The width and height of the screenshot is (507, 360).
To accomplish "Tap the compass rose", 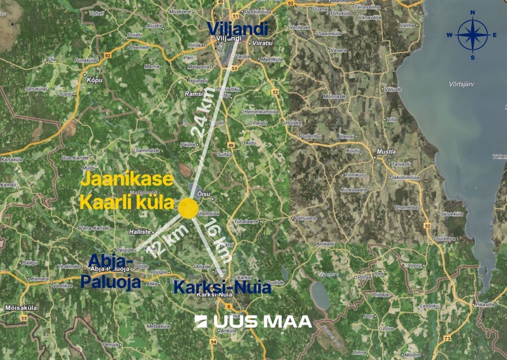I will coord(473,35).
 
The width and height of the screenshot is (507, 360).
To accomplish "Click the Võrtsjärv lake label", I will coord(462,84).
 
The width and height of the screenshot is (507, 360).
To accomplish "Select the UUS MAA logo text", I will coord(253,321).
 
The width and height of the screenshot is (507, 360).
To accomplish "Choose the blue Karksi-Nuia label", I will coord(222,287).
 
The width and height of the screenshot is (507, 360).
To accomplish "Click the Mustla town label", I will coord(386,152).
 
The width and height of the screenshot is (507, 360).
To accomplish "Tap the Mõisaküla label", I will coord(21,308).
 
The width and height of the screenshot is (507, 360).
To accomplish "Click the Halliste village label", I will coord(139,231).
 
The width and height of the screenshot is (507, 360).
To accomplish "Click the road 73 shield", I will coord(447,338).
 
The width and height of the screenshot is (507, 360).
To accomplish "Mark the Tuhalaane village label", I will coord(245,222).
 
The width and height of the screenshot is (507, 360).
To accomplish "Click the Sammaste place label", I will coord(148,150).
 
